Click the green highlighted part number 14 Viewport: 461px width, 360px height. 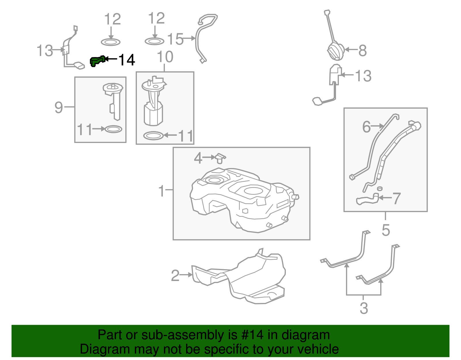(x=97, y=61)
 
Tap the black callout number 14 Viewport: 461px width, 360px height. (x=127, y=60)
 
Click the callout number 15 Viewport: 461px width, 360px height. (x=175, y=39)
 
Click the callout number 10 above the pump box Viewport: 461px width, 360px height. (x=165, y=57)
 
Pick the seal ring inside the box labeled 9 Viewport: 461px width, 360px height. (x=113, y=129)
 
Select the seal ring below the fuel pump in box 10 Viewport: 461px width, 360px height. (x=153, y=135)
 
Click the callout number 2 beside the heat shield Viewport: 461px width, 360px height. (x=175, y=275)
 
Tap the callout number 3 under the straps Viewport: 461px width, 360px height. (x=364, y=308)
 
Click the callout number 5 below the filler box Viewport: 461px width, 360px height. (x=386, y=230)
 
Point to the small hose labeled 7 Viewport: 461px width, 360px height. (x=367, y=199)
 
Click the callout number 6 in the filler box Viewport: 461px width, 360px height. (x=366, y=127)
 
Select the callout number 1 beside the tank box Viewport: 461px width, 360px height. (x=162, y=191)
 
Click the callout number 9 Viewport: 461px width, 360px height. (x=58, y=108)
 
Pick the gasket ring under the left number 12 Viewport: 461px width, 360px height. (x=111, y=42)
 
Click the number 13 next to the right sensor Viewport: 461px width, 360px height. (x=363, y=76)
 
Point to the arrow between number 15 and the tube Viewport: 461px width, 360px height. (x=190, y=38)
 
